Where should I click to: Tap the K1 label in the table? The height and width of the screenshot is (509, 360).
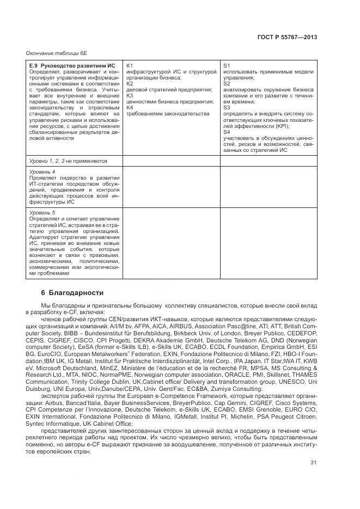coord(130,66)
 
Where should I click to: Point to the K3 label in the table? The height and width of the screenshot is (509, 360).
coord(130,96)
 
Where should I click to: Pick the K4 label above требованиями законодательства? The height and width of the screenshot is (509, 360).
coord(130,108)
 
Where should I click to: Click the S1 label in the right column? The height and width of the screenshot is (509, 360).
coord(227,66)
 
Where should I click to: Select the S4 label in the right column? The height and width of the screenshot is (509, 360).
coord(227,132)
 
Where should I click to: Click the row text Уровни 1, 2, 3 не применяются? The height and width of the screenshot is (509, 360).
coord(68,161)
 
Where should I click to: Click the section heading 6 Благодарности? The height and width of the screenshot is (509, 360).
coord(72,293)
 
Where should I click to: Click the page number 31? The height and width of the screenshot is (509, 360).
coord(313,464)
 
